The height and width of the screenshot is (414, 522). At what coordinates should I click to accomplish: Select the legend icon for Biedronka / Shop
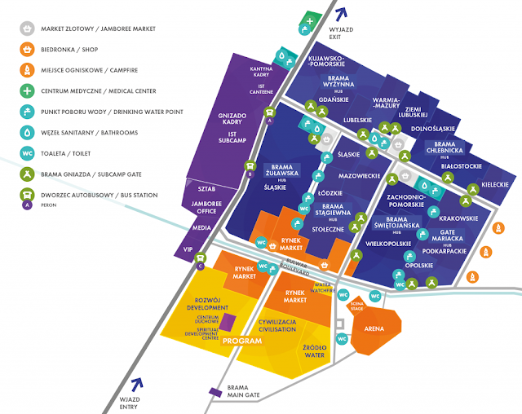pos(27,49)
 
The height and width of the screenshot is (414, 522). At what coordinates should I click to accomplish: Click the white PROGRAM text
pos(241,341)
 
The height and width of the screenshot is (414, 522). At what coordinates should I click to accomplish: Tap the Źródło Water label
pos(313,351)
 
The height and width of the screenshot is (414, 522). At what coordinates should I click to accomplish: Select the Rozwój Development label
pos(207,302)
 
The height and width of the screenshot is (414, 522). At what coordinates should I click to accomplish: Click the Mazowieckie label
pos(360,175)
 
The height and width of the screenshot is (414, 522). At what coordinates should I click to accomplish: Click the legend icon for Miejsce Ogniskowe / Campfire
pos(27,70)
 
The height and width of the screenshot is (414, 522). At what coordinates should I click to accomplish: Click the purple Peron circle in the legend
pos(27,205)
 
